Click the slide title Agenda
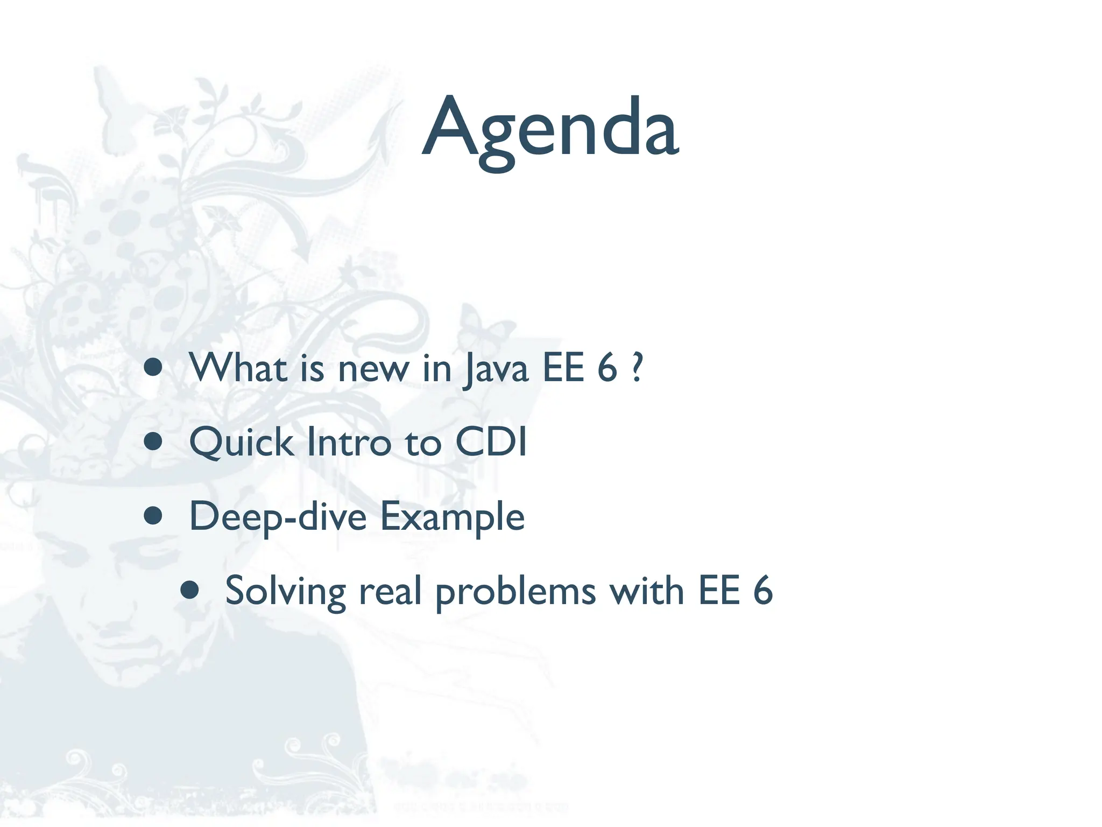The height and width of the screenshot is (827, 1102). [550, 129]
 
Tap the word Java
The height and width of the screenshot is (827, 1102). [496, 369]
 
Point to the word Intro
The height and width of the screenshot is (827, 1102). [348, 443]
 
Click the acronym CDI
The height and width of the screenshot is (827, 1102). [491, 443]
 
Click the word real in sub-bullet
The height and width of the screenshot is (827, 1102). [390, 591]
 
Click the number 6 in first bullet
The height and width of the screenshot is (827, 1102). [607, 368]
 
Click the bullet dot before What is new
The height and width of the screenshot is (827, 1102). [153, 367]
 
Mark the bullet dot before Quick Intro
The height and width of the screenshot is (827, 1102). [153, 441]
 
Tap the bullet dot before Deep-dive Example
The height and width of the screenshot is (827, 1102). [153, 516]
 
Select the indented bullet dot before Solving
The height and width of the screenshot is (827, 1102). [189, 590]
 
